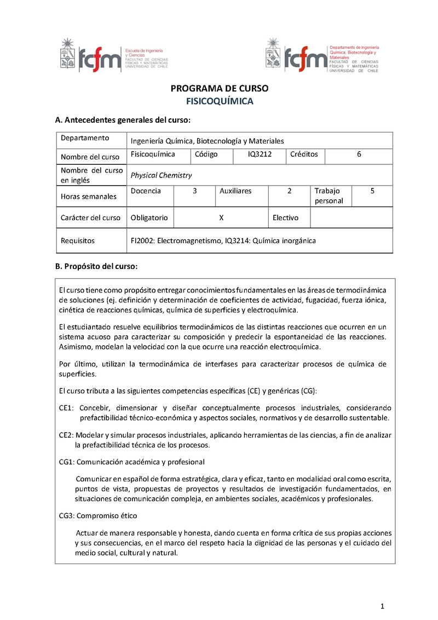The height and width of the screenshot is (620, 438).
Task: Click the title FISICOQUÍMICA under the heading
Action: (x=219, y=101)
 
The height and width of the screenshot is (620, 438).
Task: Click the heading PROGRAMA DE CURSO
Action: (x=219, y=89)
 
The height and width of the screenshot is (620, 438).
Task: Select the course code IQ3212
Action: (x=260, y=154)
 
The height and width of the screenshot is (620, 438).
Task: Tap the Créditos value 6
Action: (x=359, y=154)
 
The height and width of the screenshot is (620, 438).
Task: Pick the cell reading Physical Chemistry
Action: (x=161, y=175)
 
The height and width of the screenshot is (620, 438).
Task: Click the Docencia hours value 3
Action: (x=194, y=191)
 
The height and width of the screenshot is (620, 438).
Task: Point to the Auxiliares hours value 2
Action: (x=289, y=191)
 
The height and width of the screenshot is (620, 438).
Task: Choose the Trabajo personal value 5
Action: (x=372, y=191)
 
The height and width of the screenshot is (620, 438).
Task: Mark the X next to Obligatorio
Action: (x=221, y=217)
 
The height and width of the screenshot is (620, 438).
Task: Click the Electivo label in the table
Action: (x=286, y=217)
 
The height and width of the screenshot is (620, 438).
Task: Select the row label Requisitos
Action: (x=78, y=240)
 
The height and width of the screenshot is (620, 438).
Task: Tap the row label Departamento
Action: (x=85, y=138)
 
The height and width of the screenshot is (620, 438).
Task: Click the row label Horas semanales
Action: (x=89, y=196)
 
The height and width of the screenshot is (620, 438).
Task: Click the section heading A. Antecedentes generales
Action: (x=123, y=119)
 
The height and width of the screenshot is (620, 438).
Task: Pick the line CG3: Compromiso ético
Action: (x=98, y=516)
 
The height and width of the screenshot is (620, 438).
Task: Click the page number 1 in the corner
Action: (x=383, y=606)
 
